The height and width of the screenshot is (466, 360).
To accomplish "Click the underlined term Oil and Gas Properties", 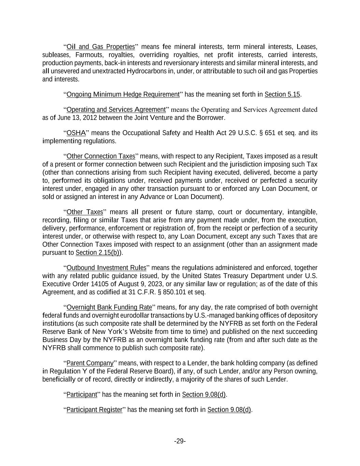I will coord(101,47).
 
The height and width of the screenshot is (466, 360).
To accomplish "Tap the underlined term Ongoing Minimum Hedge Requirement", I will coord(123,95).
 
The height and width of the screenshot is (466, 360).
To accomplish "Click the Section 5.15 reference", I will coord(282,95).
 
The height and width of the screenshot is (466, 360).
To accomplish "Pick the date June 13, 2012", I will coord(73,118).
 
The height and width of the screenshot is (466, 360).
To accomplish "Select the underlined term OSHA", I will coord(76,133).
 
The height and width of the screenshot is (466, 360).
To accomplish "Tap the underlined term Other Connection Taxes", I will coord(101,156).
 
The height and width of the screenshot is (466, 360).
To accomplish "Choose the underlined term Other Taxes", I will coord(85,212).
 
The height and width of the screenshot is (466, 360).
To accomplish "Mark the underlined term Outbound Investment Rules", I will coord(106,268).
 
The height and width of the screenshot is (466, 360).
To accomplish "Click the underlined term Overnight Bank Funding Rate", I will coord(109,307).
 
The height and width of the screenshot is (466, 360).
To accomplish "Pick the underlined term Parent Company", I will coord(90,363).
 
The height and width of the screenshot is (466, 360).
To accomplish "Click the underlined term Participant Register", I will coord(94,410).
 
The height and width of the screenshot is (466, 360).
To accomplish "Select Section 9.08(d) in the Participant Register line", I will coord(229,410).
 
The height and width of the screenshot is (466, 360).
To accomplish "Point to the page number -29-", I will coord(180,441).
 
